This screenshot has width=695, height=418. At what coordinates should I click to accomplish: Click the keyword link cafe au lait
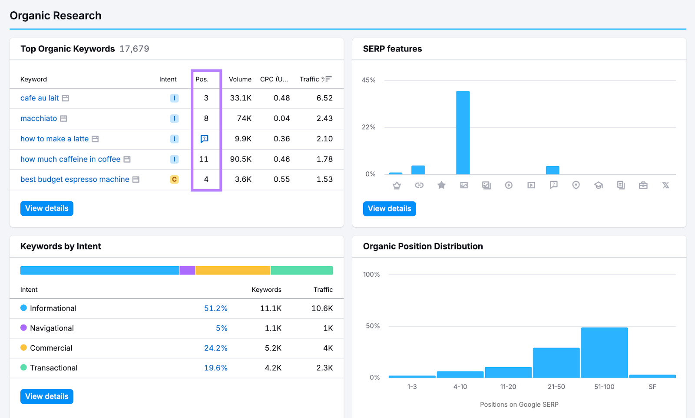coord(40,98)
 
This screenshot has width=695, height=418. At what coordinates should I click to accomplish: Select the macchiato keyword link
coord(39,118)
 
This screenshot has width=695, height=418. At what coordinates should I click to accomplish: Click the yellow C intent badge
coord(174,179)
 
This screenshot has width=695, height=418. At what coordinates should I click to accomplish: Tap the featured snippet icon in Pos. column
coord(204,139)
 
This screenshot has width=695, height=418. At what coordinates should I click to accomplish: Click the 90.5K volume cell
coord(241,159)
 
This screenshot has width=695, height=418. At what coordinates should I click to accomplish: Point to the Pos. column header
coord(202,79)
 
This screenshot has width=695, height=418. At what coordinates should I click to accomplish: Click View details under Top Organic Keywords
coord(47,208)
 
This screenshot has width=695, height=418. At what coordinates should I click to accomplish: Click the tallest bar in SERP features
coord(463,133)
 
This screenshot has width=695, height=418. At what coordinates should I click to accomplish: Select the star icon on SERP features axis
coord(441,185)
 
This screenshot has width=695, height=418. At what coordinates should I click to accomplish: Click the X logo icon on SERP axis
coord(665,185)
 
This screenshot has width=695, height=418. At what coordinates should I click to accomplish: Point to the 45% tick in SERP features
coord(368,80)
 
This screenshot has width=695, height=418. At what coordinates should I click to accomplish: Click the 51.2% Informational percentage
coord(216,308)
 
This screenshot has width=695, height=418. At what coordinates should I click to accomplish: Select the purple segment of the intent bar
coord(187,271)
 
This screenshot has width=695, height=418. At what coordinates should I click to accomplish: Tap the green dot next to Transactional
coord(23,368)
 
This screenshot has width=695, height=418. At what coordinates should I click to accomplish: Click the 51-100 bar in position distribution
coord(604,352)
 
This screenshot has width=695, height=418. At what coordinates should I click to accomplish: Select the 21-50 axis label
coord(556,387)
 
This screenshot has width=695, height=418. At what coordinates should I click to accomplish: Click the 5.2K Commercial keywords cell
coord(273,348)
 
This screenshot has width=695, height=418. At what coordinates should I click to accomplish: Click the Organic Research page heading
coord(56,16)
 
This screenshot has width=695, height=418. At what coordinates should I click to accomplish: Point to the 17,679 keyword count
coord(134,49)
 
